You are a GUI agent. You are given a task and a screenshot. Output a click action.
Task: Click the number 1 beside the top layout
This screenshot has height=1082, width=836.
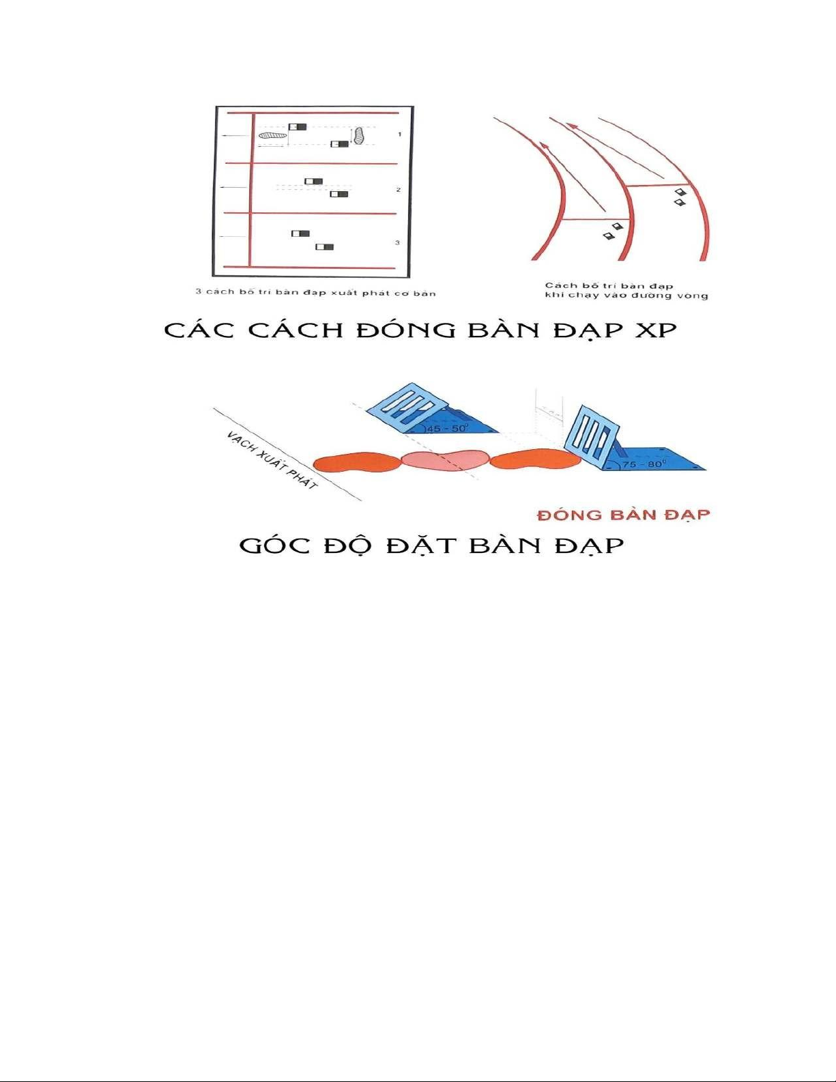(x=400, y=134)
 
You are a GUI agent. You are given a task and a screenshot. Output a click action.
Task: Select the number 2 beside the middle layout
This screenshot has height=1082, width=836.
(x=399, y=190)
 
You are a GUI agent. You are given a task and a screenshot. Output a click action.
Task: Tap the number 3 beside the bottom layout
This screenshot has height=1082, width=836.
(x=397, y=242)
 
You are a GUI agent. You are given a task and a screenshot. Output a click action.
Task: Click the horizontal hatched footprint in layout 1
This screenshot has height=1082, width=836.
(x=272, y=135)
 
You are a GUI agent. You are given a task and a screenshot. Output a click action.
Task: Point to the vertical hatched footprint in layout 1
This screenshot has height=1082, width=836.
(x=358, y=135)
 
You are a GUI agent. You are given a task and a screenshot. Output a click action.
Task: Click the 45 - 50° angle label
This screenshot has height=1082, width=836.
(x=447, y=429)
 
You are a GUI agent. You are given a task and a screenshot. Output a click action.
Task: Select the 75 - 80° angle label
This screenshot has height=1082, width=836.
(x=643, y=464)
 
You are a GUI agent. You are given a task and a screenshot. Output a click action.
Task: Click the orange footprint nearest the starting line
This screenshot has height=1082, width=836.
(x=358, y=463)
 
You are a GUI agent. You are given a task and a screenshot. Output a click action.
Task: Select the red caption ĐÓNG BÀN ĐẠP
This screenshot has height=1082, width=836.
(x=623, y=515)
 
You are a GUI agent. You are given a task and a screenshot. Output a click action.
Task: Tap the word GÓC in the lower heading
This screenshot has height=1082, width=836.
(x=275, y=545)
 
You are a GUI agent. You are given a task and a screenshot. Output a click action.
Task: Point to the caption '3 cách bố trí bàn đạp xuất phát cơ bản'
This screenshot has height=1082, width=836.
(x=315, y=292)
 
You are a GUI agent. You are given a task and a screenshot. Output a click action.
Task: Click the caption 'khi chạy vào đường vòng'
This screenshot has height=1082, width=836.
(x=626, y=296)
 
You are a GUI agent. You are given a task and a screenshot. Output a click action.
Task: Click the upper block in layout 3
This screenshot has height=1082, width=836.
(x=300, y=233)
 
